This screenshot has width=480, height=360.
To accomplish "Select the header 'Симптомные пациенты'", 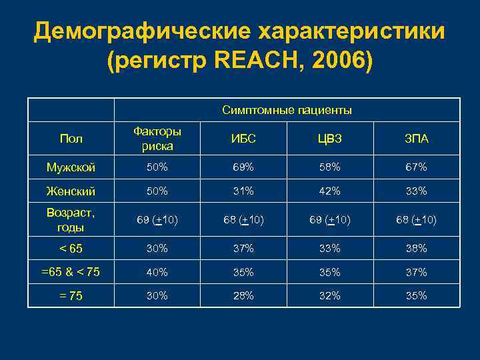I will click(287, 110).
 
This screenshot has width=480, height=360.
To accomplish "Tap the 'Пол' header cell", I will click(71, 139).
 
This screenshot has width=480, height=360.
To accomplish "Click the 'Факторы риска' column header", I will click(157, 139).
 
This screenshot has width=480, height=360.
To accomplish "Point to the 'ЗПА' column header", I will click(416, 139).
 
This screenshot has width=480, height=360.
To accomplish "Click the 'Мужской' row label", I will click(71, 166).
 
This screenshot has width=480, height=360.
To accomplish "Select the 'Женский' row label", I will click(71, 191).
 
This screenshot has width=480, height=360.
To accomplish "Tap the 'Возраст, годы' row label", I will click(71, 219).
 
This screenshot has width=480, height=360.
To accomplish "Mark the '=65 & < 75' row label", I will click(71, 272).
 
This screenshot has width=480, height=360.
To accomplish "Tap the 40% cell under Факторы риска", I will click(157, 272).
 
